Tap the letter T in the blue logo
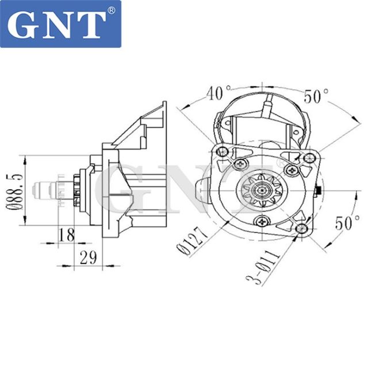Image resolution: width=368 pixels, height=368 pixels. [x=91, y=23]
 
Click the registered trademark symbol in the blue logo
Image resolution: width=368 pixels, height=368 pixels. [x=111, y=10]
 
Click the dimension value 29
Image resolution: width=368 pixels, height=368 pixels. [x=88, y=258]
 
